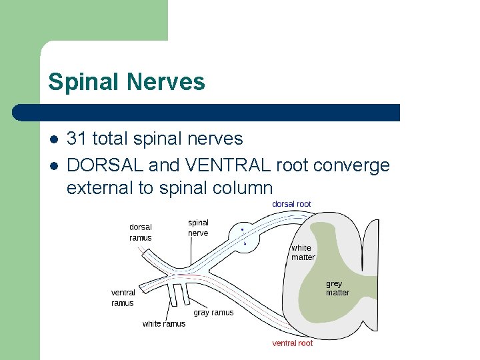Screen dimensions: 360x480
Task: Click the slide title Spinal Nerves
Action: coord(127,82)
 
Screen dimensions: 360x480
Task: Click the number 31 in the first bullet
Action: coord(77,139)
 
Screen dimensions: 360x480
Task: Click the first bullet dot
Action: coord(53,139)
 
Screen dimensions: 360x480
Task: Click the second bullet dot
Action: coord(53,165)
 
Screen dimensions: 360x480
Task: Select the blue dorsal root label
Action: coord(291,203)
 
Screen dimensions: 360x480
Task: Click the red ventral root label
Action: coord(292,343)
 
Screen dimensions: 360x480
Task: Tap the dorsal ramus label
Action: coord(141,233)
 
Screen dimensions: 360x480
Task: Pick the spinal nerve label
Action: coord(198,228)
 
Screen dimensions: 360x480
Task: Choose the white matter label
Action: coord(302,253)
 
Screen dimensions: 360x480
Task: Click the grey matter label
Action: coord(337,288)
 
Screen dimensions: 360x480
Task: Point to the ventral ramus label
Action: coord(123,297)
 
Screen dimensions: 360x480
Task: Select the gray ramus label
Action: coord(213,313)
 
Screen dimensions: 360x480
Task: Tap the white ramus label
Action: coord(164,324)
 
